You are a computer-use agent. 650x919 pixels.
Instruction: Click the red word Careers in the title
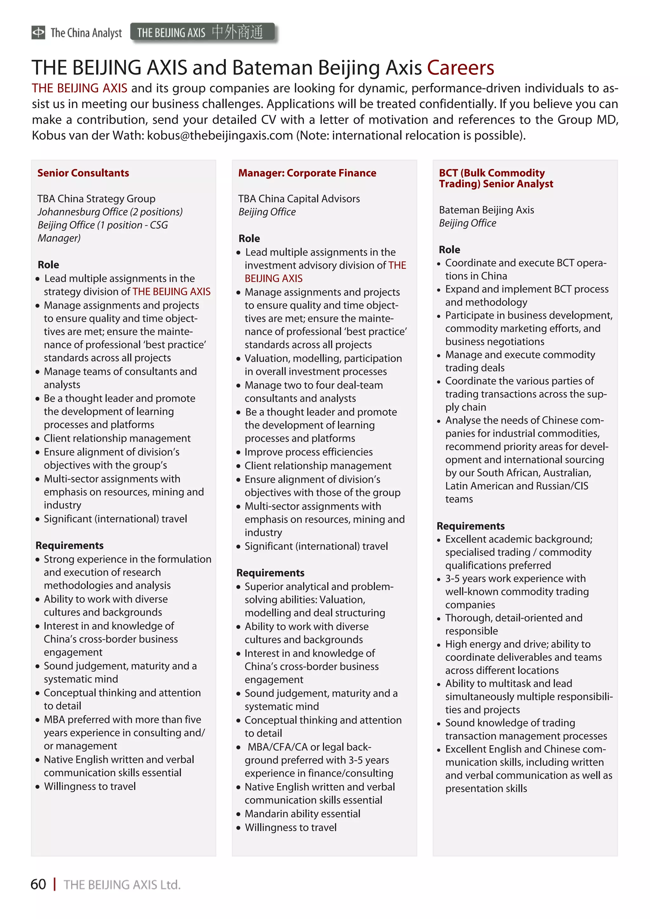(x=460, y=68)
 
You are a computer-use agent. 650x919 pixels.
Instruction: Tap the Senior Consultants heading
(x=83, y=173)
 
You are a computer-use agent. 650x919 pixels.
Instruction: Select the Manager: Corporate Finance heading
(x=307, y=173)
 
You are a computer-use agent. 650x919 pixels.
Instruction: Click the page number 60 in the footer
(x=38, y=884)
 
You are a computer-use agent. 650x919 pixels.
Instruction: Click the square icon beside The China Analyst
(x=38, y=32)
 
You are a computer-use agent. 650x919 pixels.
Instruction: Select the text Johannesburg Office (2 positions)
(x=110, y=212)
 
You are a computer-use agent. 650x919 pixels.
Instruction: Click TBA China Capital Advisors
(x=299, y=199)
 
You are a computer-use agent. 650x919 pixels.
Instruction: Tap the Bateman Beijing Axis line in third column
(x=486, y=210)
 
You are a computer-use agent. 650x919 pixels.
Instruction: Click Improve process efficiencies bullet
(x=308, y=452)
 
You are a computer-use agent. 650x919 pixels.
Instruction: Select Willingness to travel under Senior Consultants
(x=90, y=786)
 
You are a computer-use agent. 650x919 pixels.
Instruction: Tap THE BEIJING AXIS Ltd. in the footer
(x=122, y=884)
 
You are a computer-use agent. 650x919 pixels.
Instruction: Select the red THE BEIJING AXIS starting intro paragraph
(x=79, y=88)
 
